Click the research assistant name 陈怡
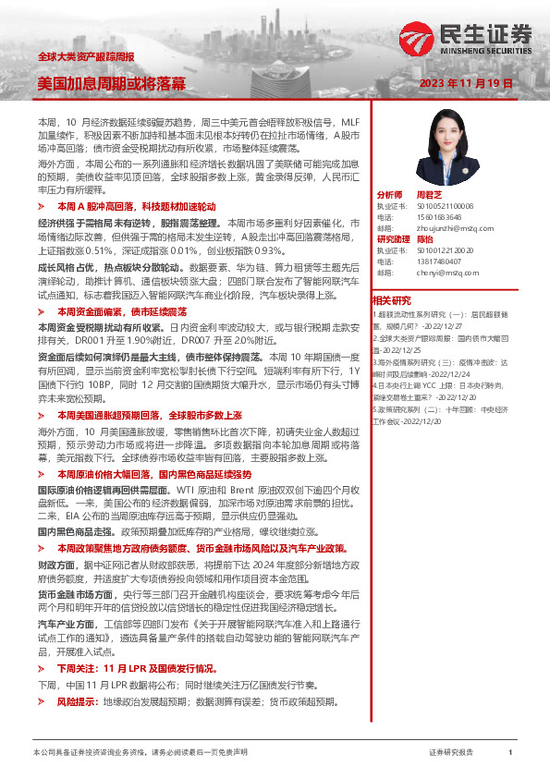[x=425, y=237]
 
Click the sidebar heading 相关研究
[x=391, y=300]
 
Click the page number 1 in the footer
[x=510, y=753]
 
